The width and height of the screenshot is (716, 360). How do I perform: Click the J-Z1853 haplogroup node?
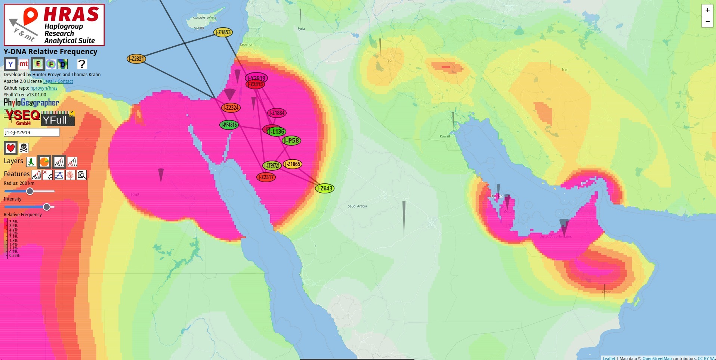(223, 32)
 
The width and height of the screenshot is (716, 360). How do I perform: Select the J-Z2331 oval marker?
(136, 59)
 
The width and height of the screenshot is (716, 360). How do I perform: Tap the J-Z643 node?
(325, 188)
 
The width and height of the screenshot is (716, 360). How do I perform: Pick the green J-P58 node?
(291, 140)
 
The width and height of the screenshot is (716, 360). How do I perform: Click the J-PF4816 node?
(229, 125)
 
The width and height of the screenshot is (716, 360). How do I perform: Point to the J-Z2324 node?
(231, 108)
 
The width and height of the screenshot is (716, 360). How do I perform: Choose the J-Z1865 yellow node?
(292, 164)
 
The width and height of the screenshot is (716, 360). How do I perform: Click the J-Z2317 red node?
(266, 177)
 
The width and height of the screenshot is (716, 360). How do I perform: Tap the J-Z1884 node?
(277, 113)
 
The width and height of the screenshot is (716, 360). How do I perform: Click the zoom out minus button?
(707, 22)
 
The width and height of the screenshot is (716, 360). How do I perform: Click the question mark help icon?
(82, 64)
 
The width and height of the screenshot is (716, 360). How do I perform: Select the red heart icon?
(10, 148)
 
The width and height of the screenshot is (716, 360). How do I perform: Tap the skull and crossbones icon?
(24, 148)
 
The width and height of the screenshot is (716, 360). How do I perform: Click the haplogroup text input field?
(31, 132)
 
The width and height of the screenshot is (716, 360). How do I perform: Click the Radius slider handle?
(30, 191)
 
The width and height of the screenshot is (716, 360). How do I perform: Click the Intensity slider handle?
(47, 207)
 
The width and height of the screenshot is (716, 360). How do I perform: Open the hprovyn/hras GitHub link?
(44, 88)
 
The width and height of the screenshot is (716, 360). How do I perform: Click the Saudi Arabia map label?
(357, 206)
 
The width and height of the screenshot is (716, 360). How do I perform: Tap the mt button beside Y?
(24, 64)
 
